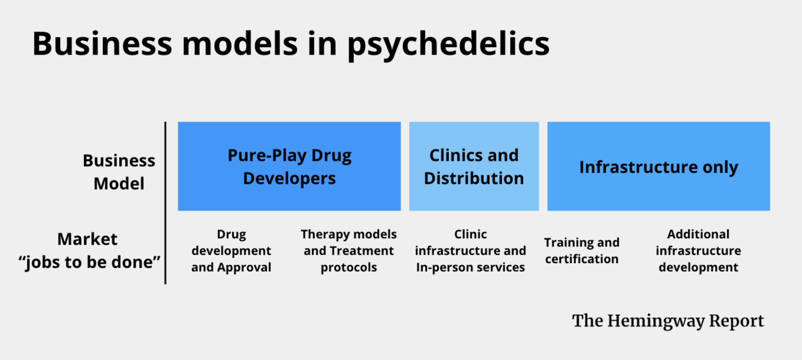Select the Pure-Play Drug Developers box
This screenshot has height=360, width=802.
pyautogui.click(x=289, y=166)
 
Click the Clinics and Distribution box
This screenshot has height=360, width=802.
pyautogui.click(x=474, y=166)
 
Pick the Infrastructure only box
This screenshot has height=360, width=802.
pyautogui.click(x=658, y=166)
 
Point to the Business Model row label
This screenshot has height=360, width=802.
pyautogui.click(x=119, y=172)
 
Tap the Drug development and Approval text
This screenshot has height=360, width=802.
pyautogui.click(x=231, y=251)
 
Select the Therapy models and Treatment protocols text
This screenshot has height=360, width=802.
pyautogui.click(x=348, y=251)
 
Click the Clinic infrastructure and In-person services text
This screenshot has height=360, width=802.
pyautogui.click(x=471, y=251)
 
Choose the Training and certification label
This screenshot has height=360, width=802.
pyautogui.click(x=582, y=251)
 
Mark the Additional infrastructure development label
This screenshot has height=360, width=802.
pyautogui.click(x=698, y=251)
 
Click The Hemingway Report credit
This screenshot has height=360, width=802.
pyautogui.click(x=668, y=321)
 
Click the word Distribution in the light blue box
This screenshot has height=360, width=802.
pyautogui.click(x=474, y=178)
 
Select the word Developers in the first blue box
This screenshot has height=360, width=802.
pyautogui.click(x=289, y=179)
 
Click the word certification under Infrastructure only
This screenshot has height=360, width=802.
pyautogui.click(x=582, y=259)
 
